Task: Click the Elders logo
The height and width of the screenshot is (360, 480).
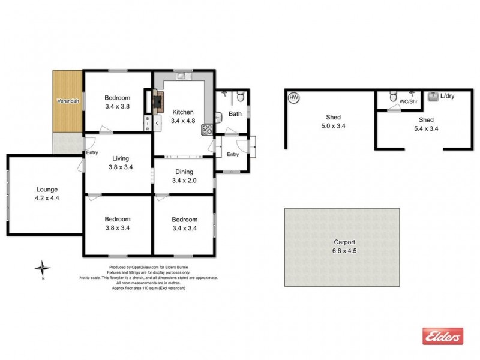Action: [443, 336]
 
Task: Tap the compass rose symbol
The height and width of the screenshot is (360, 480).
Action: [41, 268]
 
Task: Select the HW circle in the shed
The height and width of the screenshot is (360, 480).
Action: [294, 97]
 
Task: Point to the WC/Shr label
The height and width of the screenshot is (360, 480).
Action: [408, 101]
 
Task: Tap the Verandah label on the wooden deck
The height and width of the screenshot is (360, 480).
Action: [68, 101]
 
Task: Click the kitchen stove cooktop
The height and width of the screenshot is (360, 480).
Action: [208, 128]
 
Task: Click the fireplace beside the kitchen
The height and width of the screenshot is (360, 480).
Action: [157, 101]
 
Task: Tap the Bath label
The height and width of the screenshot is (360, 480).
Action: [235, 113]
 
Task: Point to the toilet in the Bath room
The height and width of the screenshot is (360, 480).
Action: [239, 95]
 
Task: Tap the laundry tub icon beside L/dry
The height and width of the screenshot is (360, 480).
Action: [434, 95]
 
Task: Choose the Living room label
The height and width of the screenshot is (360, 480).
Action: [121, 158]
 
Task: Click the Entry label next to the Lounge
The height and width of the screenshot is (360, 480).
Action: [92, 152]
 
